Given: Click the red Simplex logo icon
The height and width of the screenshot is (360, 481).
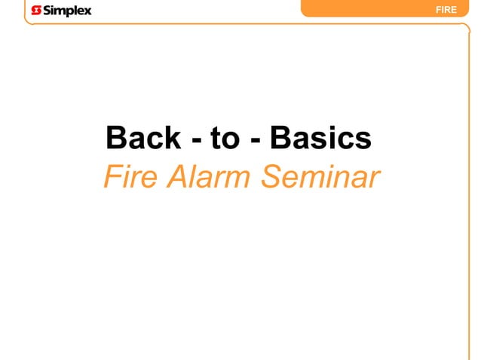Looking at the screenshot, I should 37,11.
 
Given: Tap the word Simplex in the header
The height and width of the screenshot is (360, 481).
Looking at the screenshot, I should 67,11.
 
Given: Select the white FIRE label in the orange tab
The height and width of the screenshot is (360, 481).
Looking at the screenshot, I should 446,10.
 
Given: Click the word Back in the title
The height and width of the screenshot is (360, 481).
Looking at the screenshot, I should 143,138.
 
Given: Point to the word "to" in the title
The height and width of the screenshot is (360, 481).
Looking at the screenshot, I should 224,138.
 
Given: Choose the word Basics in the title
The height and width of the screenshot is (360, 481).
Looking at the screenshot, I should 320,138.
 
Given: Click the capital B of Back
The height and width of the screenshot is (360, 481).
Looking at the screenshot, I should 118,138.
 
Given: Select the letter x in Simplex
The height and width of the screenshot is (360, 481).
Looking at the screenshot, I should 87,11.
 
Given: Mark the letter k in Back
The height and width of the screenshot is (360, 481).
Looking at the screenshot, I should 172,138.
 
